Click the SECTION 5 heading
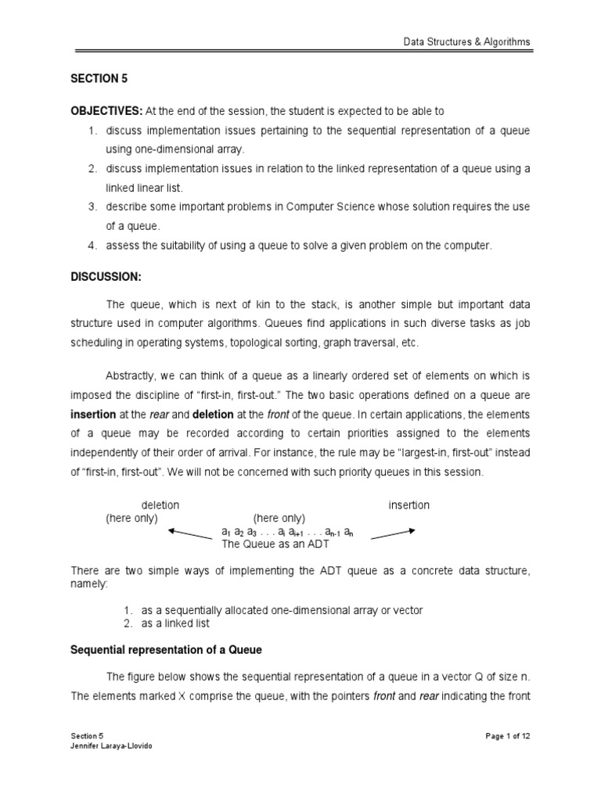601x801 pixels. (99, 80)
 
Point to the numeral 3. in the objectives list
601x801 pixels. (92, 207)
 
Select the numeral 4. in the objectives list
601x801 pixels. (92, 246)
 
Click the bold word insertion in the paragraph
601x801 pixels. (93, 415)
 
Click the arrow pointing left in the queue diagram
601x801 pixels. (190, 534)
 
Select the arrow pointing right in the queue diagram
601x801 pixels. (393, 533)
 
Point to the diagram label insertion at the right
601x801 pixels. (408, 505)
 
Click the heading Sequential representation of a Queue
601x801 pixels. (166, 650)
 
